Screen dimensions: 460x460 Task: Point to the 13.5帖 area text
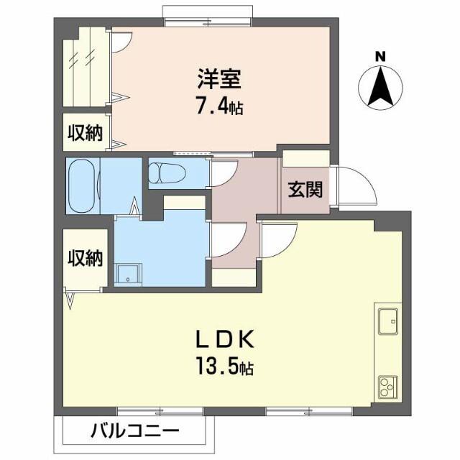pos(223,369)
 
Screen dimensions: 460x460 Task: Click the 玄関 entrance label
pos(304,190)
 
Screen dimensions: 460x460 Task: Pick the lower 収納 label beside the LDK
pos(85,257)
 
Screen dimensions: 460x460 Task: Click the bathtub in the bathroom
pos(81,185)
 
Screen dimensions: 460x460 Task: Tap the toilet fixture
pos(167,172)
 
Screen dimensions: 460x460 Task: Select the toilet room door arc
pos(224,175)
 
